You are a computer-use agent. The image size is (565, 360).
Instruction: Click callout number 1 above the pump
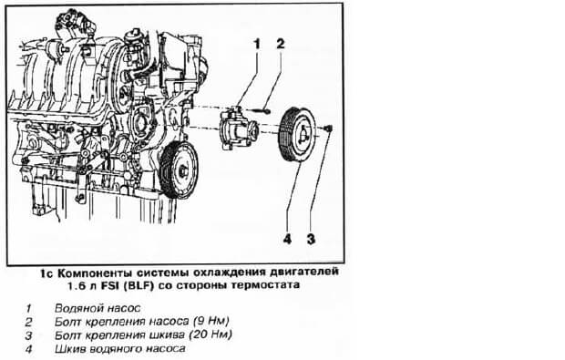click(257, 45)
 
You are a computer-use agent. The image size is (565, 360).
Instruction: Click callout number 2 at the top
click(281, 44)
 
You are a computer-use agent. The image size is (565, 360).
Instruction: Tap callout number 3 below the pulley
click(311, 239)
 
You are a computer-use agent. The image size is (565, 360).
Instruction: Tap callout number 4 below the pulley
click(287, 239)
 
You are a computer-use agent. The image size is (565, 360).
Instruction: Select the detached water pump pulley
click(298, 134)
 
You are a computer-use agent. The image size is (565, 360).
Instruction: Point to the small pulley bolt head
click(329, 128)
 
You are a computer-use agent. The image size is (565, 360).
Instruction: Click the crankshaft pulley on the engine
click(179, 170)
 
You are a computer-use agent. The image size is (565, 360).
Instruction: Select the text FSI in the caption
click(110, 286)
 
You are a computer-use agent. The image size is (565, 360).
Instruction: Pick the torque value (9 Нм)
click(211, 321)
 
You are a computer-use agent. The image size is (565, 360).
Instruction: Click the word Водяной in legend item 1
click(75, 308)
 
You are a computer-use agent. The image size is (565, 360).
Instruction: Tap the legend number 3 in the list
click(28, 336)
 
